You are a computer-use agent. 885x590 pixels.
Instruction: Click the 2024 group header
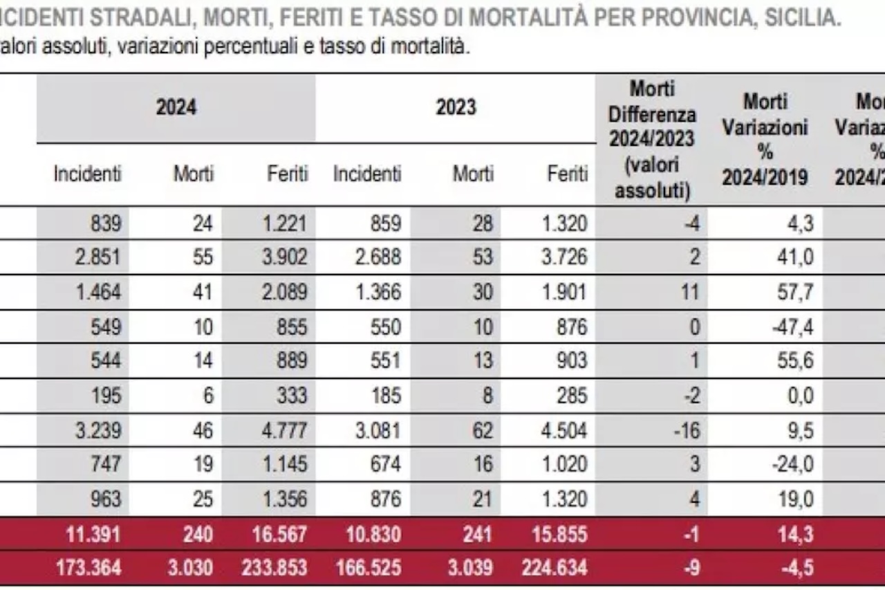176,108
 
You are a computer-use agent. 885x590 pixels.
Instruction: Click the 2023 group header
456,108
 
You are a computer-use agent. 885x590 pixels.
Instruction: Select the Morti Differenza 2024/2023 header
652,139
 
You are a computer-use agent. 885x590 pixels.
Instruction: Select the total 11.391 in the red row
94,534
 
